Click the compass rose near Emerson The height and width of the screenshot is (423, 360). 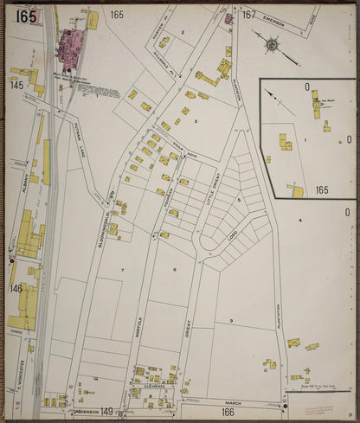coord(272,43)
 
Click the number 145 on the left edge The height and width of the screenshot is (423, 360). coord(16,85)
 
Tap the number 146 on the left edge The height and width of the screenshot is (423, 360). coord(16,288)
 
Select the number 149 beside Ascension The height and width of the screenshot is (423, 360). coord(106,411)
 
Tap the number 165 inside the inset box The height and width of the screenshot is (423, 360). coord(322,189)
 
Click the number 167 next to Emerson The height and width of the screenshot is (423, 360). coord(248,15)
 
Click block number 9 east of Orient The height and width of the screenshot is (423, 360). coord(231,321)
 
